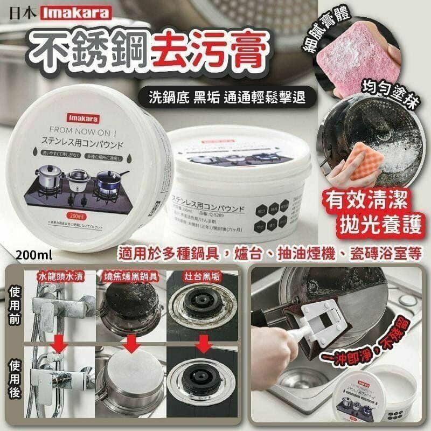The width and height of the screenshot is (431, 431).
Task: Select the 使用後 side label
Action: point(13,380)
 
